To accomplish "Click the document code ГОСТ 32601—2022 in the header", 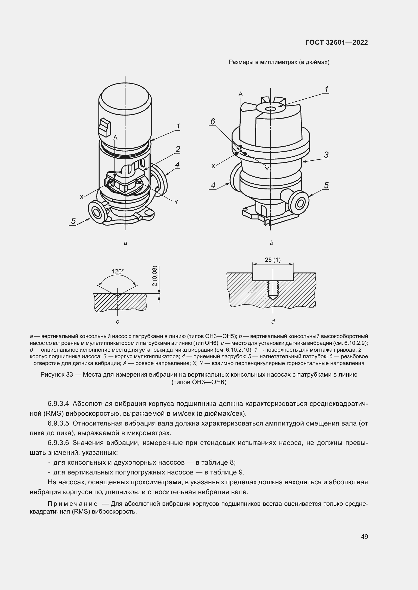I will tap(336, 42).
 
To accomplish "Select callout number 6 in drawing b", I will tap(212, 121).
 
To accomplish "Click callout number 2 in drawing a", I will tap(178, 149).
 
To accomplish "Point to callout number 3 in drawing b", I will tap(326, 155).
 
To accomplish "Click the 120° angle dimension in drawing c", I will tap(118, 271).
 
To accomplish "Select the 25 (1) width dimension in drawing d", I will tap(273, 260).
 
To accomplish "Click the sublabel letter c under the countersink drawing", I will tap(117, 321).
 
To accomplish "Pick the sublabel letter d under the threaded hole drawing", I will tap(273, 321).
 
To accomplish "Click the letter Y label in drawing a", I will tap(176, 202).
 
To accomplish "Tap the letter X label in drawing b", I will tap(213, 166).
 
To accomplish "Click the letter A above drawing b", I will tap(240, 94).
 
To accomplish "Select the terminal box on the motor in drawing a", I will tap(105, 127).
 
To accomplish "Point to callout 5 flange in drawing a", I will tap(97, 212).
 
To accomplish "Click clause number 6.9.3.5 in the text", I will tap(58, 423).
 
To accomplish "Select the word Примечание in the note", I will tap(72, 504).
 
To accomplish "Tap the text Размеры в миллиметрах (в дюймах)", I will tap(279, 62).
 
